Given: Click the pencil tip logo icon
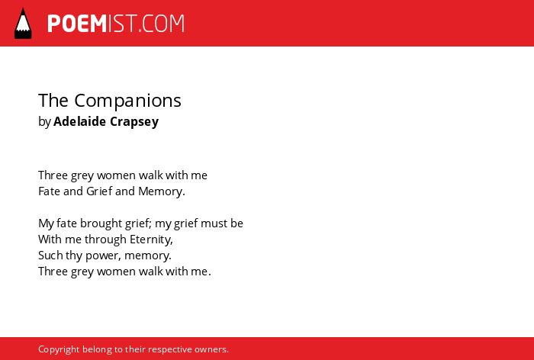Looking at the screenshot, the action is [23, 24].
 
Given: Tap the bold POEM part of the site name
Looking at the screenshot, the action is [77, 24].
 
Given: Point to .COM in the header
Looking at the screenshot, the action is [161, 24].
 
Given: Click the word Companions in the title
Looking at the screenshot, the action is [127, 101].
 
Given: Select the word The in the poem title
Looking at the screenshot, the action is [53, 101].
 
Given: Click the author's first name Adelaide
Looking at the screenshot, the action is [79, 121].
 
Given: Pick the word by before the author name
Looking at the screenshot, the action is [44, 122].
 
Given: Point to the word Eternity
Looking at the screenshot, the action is [151, 239].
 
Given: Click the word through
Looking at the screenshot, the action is [105, 239].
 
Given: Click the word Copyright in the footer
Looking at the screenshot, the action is [59, 350].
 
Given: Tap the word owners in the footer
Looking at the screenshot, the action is [211, 350].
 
